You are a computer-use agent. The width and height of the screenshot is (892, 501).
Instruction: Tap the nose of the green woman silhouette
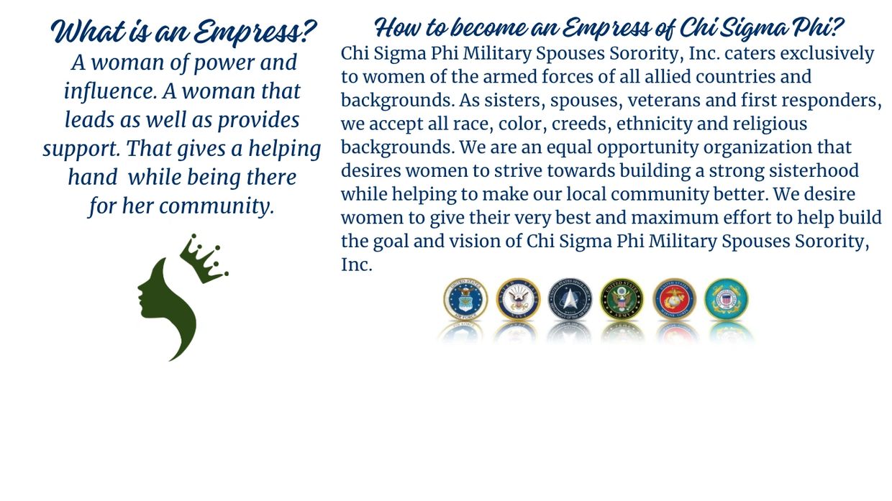(x=139, y=286)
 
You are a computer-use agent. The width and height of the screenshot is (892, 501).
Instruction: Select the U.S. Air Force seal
(x=465, y=299)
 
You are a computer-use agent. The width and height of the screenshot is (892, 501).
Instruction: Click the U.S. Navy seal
(x=518, y=299)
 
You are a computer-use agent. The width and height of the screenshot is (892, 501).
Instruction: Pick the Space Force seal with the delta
(x=570, y=299)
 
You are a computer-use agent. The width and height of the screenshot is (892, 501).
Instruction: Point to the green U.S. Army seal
(x=622, y=299)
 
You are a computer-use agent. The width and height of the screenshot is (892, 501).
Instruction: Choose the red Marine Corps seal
(x=675, y=299)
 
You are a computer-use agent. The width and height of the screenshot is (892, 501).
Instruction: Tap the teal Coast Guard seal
(x=727, y=299)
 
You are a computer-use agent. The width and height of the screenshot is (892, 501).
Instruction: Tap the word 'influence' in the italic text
(x=111, y=91)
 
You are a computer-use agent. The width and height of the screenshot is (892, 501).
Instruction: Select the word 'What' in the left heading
(x=88, y=31)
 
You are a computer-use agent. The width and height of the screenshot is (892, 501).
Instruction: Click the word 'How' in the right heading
(x=398, y=27)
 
